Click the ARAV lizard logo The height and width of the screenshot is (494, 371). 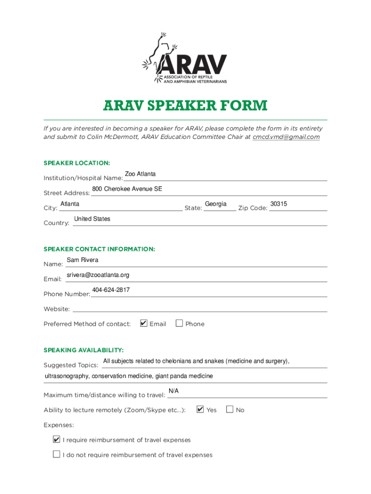(185, 58)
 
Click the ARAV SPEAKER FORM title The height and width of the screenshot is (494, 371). (185, 106)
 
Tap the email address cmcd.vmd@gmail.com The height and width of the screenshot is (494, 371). (286, 137)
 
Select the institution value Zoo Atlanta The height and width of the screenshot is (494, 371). (140, 174)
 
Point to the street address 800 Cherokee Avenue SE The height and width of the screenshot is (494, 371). (127, 189)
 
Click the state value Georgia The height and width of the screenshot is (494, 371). (215, 204)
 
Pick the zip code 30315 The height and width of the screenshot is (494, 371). (278, 204)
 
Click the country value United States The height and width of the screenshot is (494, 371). (92, 219)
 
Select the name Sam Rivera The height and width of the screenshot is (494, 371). (82, 260)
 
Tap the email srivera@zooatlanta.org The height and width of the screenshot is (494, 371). (98, 275)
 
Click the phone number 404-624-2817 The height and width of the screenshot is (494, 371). (111, 290)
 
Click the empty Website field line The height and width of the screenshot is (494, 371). (199, 309)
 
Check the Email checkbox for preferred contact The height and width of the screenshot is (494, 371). (144, 323)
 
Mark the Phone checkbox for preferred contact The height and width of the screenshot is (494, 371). (179, 323)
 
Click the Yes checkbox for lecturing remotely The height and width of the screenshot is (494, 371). (200, 410)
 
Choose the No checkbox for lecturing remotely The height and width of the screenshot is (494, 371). (230, 410)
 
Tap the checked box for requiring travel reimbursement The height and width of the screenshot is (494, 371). (56, 439)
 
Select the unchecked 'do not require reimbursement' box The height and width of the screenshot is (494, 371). (56, 454)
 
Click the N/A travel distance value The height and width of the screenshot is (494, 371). (173, 391)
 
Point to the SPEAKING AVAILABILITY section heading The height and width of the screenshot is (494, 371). (83, 350)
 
